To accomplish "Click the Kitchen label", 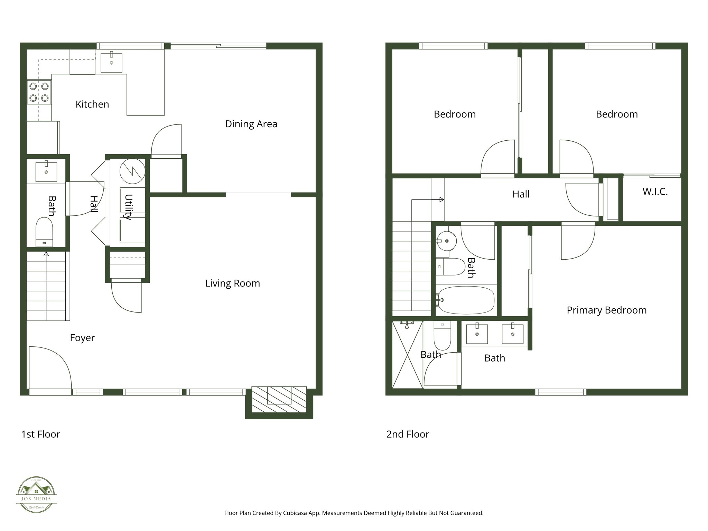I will pyautogui.click(x=92, y=104).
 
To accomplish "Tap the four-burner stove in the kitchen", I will pyautogui.click(x=39, y=92).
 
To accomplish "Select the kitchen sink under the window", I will pyautogui.click(x=111, y=63).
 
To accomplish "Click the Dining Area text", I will pyautogui.click(x=251, y=124).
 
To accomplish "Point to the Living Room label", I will pyautogui.click(x=232, y=283).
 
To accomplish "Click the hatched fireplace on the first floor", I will pyautogui.click(x=279, y=399).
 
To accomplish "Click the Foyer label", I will pyautogui.click(x=82, y=338).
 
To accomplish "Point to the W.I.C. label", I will pyautogui.click(x=655, y=192).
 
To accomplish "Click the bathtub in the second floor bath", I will pyautogui.click(x=466, y=300).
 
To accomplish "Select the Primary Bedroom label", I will pyautogui.click(x=606, y=310).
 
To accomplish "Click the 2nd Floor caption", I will pyautogui.click(x=408, y=434).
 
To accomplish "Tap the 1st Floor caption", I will pyautogui.click(x=41, y=434).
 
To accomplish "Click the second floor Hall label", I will pyautogui.click(x=521, y=194).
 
